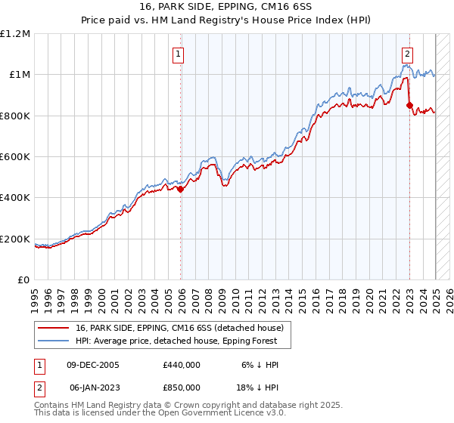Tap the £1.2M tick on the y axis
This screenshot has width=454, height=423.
tap(15, 34)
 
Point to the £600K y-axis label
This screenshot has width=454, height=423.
tap(15, 157)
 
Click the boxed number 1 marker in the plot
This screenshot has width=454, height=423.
tap(179, 54)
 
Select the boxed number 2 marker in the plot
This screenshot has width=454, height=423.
tap(407, 54)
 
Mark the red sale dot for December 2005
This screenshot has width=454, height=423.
tap(181, 190)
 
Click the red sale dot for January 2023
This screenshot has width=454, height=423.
tap(409, 106)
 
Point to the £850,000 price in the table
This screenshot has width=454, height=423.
tap(181, 387)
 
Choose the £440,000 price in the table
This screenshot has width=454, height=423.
tap(181, 365)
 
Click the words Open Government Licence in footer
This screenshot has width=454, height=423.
tap(222, 413)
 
